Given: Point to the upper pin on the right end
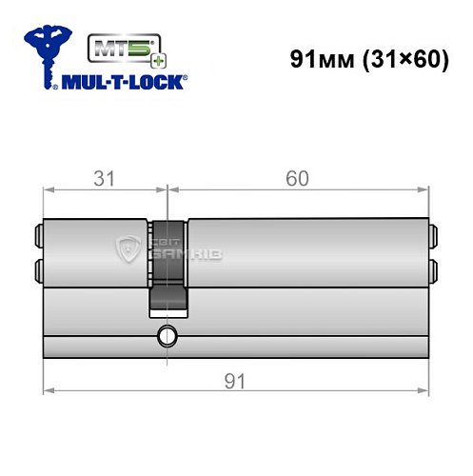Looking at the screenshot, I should pos(433,230).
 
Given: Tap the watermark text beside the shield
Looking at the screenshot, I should pos(171,248).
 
